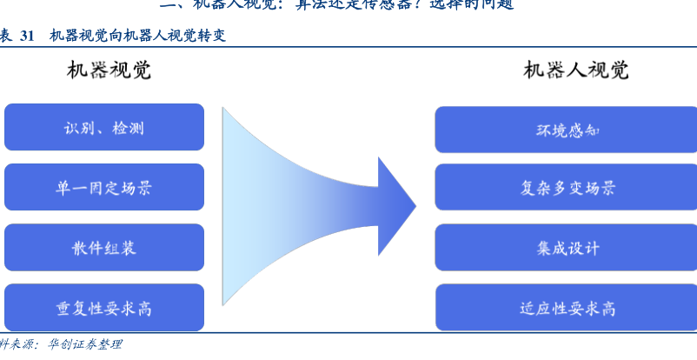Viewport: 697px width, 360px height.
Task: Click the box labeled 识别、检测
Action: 104,128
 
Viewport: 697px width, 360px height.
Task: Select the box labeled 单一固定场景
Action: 104,187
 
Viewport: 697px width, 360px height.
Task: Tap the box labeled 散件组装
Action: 104,247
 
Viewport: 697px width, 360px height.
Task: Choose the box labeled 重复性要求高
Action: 104,307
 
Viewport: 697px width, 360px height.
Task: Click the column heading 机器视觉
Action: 109,70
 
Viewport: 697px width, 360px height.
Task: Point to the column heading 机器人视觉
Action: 576,70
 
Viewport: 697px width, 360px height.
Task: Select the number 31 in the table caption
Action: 27,36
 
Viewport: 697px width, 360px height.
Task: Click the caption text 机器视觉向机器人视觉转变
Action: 140,36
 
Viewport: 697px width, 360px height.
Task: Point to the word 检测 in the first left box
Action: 129,128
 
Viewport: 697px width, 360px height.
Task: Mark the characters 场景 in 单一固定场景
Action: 136,187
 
